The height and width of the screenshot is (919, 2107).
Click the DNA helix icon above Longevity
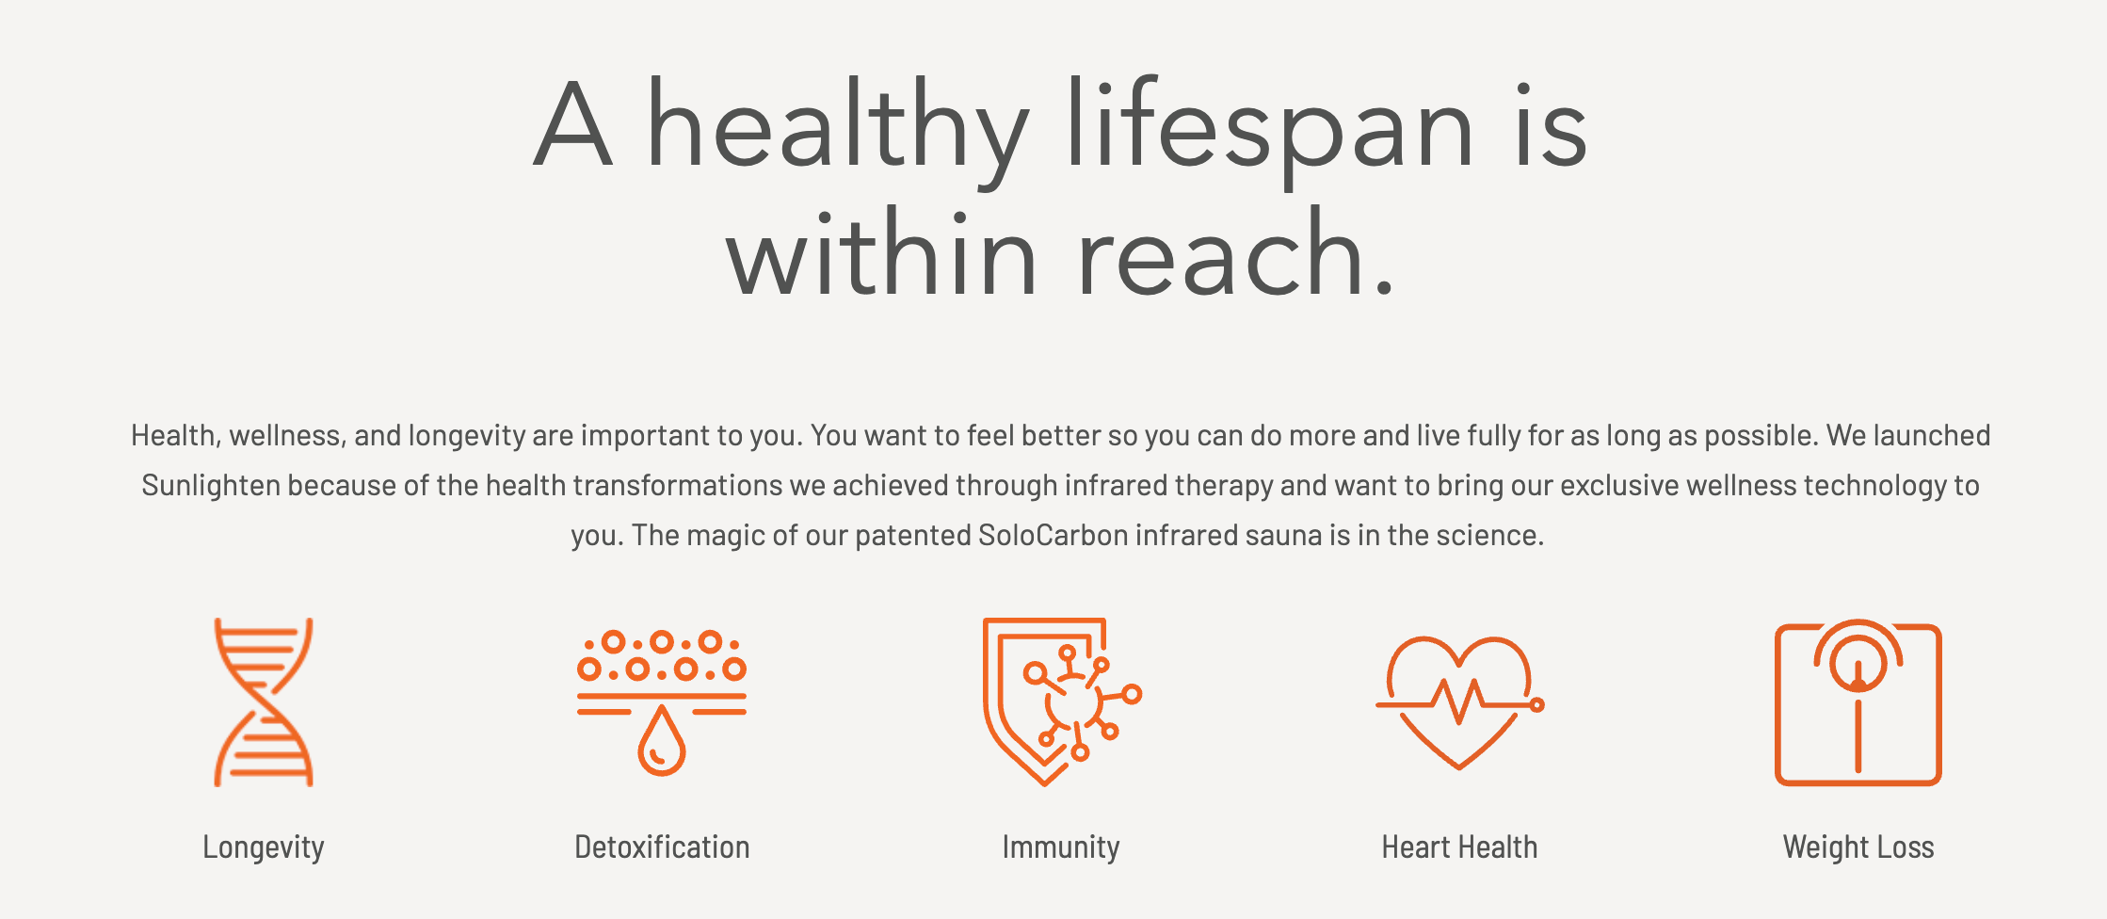coord(264,702)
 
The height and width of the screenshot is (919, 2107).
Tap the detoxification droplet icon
coord(662,702)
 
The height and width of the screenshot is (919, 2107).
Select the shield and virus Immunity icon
coord(1061,702)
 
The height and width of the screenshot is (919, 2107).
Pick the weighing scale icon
coord(1858,702)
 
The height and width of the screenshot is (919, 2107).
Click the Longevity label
coord(264,847)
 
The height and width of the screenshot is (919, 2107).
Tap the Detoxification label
coord(662,846)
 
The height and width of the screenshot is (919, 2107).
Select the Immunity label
coord(1061,847)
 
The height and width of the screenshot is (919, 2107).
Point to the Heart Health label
coord(1459,846)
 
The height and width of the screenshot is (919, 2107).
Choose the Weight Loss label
coord(1858,847)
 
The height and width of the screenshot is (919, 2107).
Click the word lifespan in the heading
coord(1270,130)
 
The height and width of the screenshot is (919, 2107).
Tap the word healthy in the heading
coord(838,130)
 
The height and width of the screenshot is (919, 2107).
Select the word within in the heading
coord(881,252)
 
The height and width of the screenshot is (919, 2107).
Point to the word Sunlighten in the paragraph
coord(211,486)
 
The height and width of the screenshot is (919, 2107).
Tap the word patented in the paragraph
coord(912,536)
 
